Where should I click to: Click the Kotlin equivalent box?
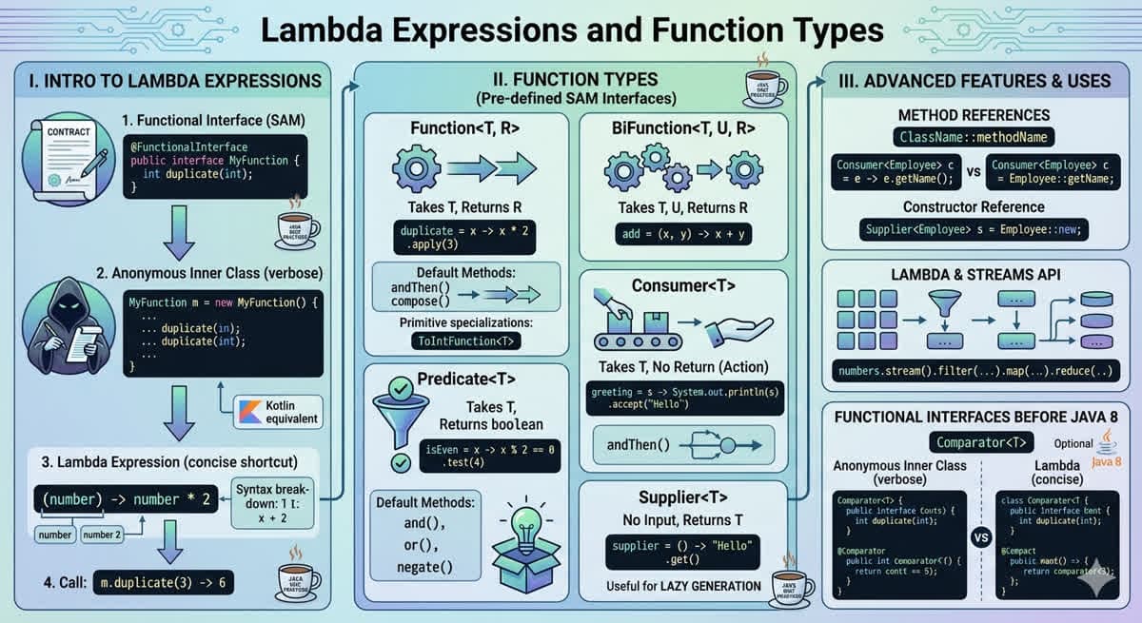click(x=278, y=410)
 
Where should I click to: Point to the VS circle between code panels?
click(x=981, y=536)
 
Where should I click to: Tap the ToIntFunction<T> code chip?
click(x=466, y=340)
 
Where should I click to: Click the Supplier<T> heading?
click(x=682, y=496)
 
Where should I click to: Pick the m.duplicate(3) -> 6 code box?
click(x=163, y=583)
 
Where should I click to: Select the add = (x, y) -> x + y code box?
click(x=682, y=233)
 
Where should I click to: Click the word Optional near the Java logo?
click(x=1073, y=443)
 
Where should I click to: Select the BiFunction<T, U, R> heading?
click(x=682, y=127)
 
